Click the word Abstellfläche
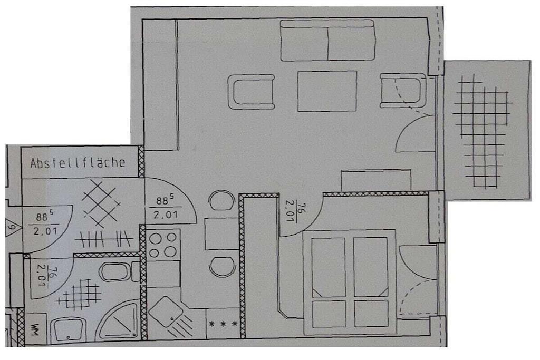[78, 163]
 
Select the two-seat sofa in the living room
[327, 41]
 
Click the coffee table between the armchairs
[327, 91]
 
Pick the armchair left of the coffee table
[252, 92]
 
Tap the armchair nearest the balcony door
[403, 91]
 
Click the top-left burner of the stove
[156, 238]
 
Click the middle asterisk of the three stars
[223, 324]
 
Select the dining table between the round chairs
[222, 233]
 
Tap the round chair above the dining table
[221, 200]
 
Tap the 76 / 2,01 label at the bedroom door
[295, 212]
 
